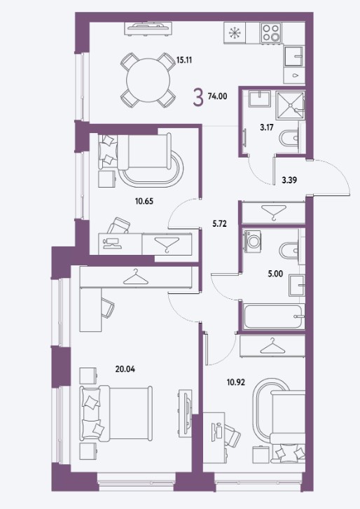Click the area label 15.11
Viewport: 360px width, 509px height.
coord(184,60)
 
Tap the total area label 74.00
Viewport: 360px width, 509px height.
coord(218,96)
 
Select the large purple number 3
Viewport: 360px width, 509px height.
coord(198,97)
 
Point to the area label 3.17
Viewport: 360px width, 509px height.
coord(267,127)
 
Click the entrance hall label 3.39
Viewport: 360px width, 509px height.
coord(289,180)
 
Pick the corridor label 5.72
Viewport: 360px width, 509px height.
coord(219,223)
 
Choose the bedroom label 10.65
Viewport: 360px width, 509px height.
coord(144,201)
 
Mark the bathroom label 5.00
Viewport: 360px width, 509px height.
coord(275,274)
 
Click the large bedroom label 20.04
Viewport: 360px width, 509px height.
coord(125,369)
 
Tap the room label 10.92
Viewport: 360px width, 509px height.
coord(236,382)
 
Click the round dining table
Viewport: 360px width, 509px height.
coord(148,80)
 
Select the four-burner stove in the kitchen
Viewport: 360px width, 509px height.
coord(271,32)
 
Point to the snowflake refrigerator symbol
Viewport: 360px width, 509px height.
coord(233,33)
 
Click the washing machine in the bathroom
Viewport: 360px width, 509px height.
coord(252,239)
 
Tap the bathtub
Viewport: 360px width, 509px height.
coord(274,316)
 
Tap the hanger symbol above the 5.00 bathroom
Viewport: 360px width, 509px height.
coord(274,212)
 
